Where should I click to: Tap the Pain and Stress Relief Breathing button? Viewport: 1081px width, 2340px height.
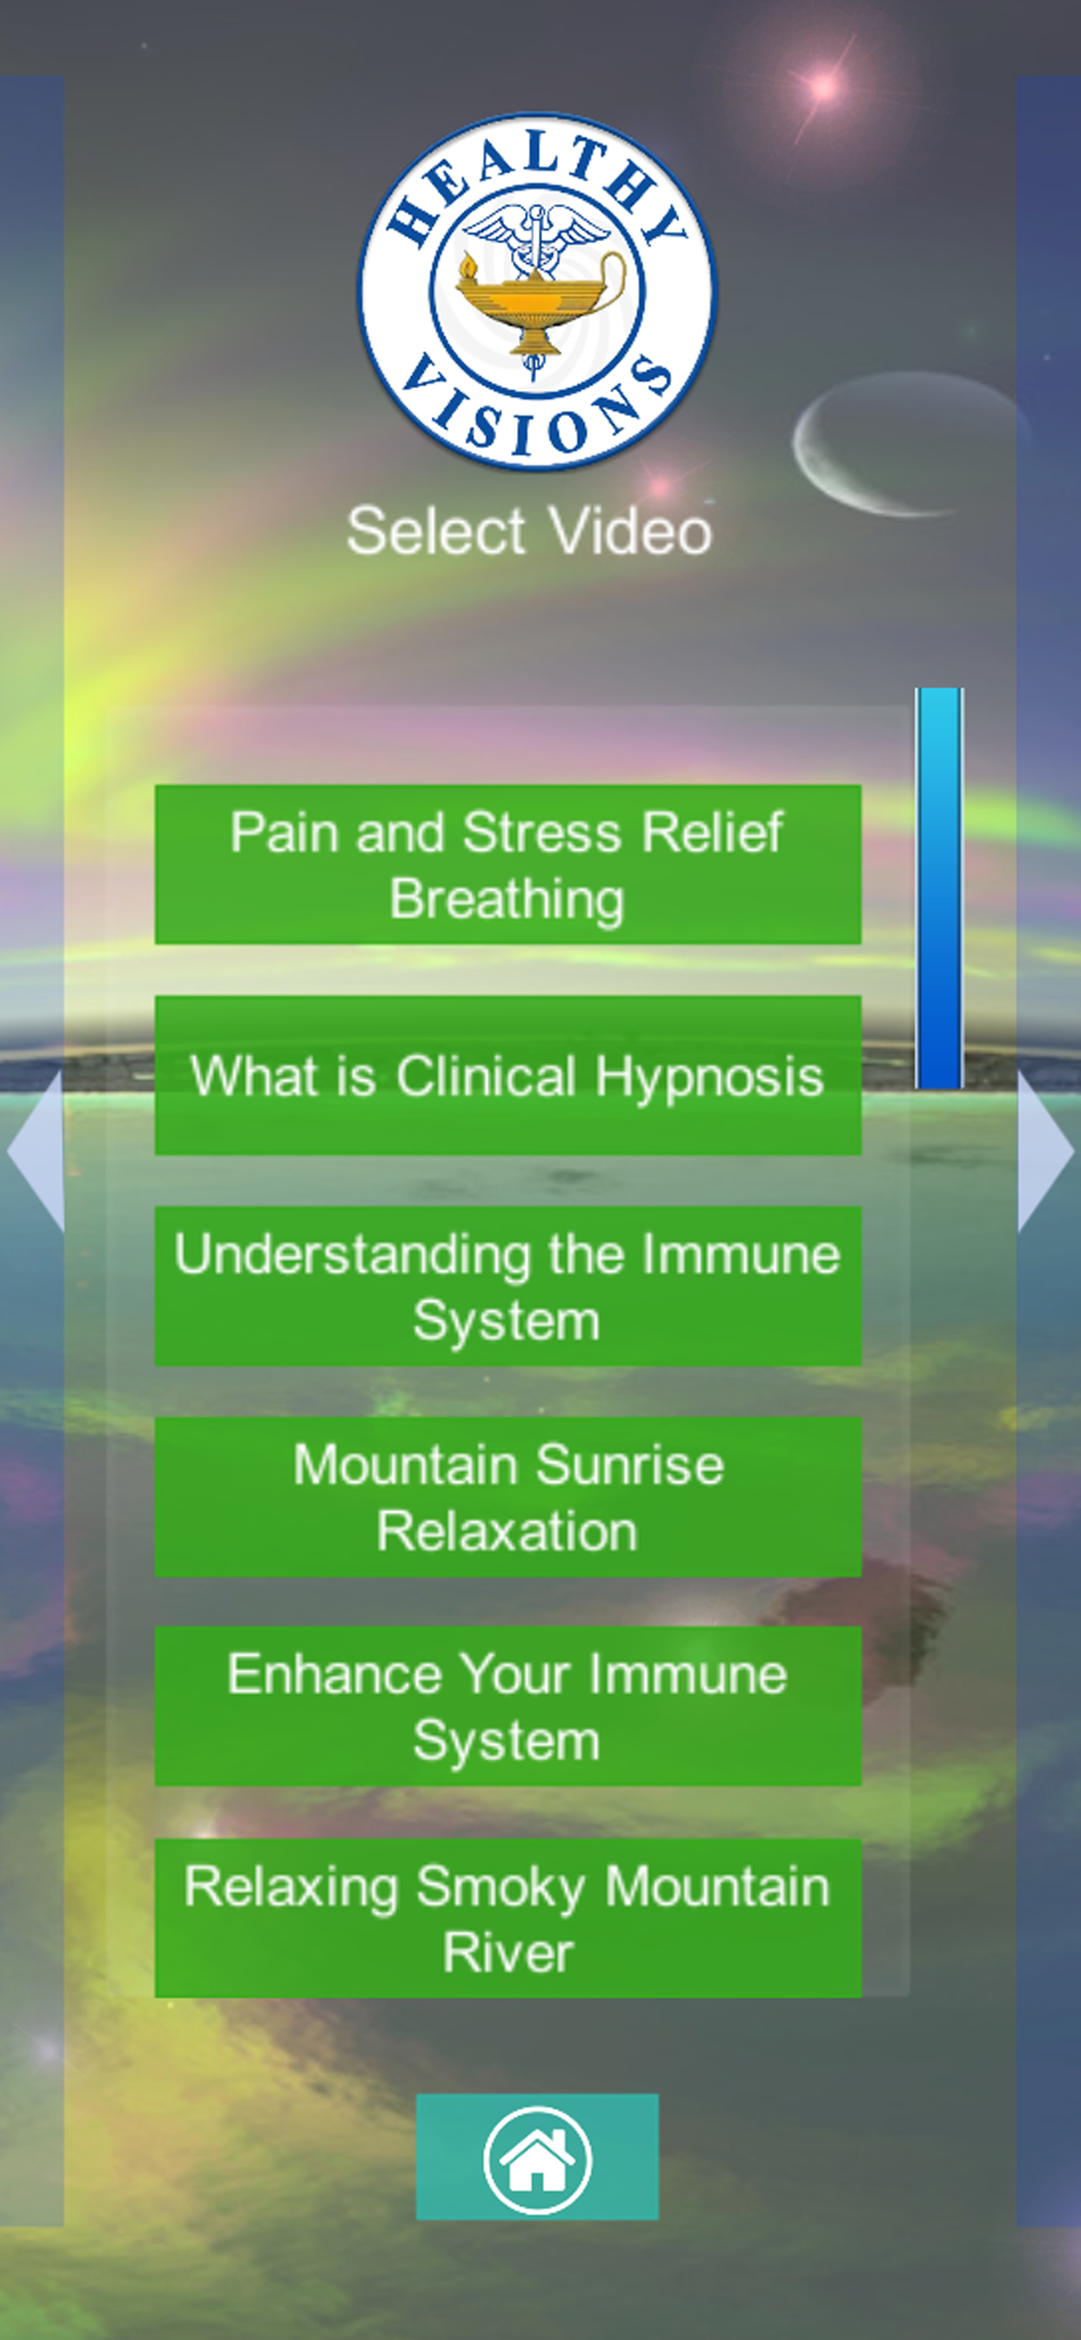pos(507,864)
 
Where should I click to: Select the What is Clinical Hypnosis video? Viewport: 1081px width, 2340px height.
pos(507,1074)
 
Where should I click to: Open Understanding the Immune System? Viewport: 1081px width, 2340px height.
pos(507,1286)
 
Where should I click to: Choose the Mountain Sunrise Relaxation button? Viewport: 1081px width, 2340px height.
pos(507,1496)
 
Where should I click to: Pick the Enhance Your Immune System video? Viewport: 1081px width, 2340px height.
pos(507,1706)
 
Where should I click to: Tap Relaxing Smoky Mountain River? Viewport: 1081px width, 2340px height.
pos(507,1918)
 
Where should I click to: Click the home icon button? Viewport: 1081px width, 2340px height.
pos(537,2156)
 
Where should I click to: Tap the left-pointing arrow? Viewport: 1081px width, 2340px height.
pos(37,1150)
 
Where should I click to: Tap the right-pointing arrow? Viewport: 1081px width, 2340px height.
pos(1045,1150)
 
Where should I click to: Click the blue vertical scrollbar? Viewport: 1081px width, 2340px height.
pos(939,887)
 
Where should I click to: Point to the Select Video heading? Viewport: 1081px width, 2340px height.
pos(528,530)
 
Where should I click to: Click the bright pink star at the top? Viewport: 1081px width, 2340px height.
pos(824,87)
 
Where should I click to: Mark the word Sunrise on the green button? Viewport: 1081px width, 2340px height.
pos(629,1464)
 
